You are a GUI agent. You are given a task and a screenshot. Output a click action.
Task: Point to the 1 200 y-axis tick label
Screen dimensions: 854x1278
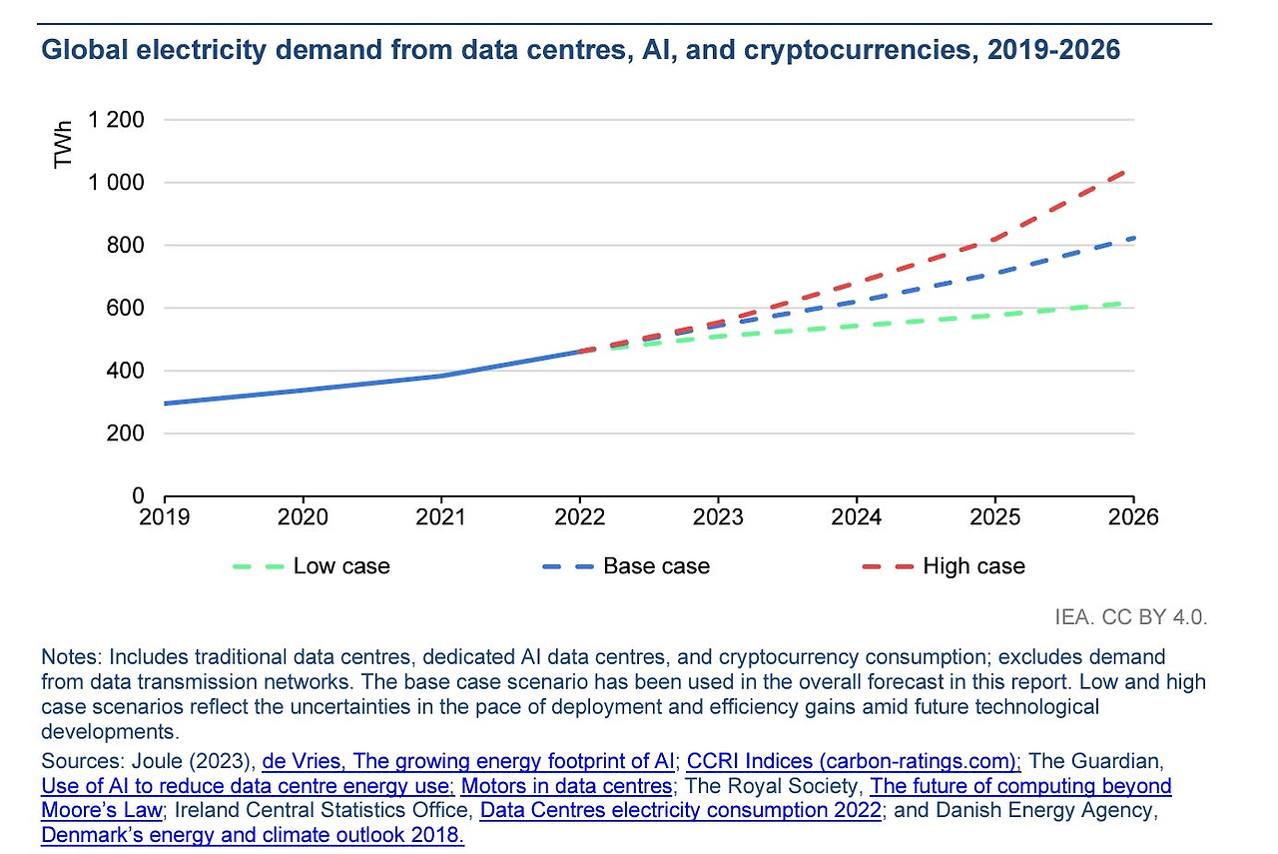pos(118,120)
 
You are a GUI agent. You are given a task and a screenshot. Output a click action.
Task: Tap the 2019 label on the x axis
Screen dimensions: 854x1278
pos(164,516)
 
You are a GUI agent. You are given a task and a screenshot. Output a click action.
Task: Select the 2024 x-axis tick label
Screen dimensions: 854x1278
pos(856,516)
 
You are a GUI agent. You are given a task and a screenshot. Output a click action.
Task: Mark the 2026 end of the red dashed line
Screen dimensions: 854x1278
pos(1132,171)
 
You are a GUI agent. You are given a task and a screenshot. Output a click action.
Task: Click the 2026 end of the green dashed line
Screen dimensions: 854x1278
pos(1132,302)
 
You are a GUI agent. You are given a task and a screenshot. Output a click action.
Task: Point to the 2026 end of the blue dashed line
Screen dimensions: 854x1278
pos(1132,238)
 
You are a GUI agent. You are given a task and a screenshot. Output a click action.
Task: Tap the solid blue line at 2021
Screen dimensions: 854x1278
pos(441,376)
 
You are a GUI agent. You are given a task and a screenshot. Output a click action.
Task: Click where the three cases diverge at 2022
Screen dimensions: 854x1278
pos(579,351)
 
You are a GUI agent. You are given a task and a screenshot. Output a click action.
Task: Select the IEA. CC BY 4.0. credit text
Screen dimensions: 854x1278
pos(1131,616)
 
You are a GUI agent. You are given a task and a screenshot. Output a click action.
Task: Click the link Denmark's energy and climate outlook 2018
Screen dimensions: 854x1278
pos(253,834)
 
